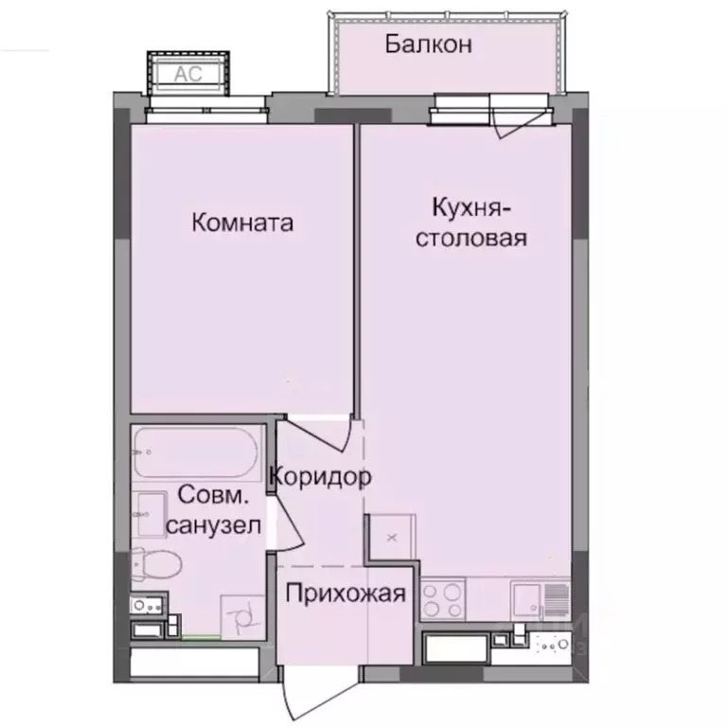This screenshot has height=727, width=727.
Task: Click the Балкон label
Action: (x=428, y=44)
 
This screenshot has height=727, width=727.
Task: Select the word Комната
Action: (x=242, y=223)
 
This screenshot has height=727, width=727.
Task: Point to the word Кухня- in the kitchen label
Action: (x=470, y=207)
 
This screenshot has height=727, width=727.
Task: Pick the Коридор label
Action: (x=319, y=477)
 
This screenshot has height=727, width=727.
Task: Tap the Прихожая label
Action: (x=346, y=595)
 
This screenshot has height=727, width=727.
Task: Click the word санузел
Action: (x=212, y=526)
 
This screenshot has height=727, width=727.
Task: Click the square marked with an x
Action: (x=391, y=538)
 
